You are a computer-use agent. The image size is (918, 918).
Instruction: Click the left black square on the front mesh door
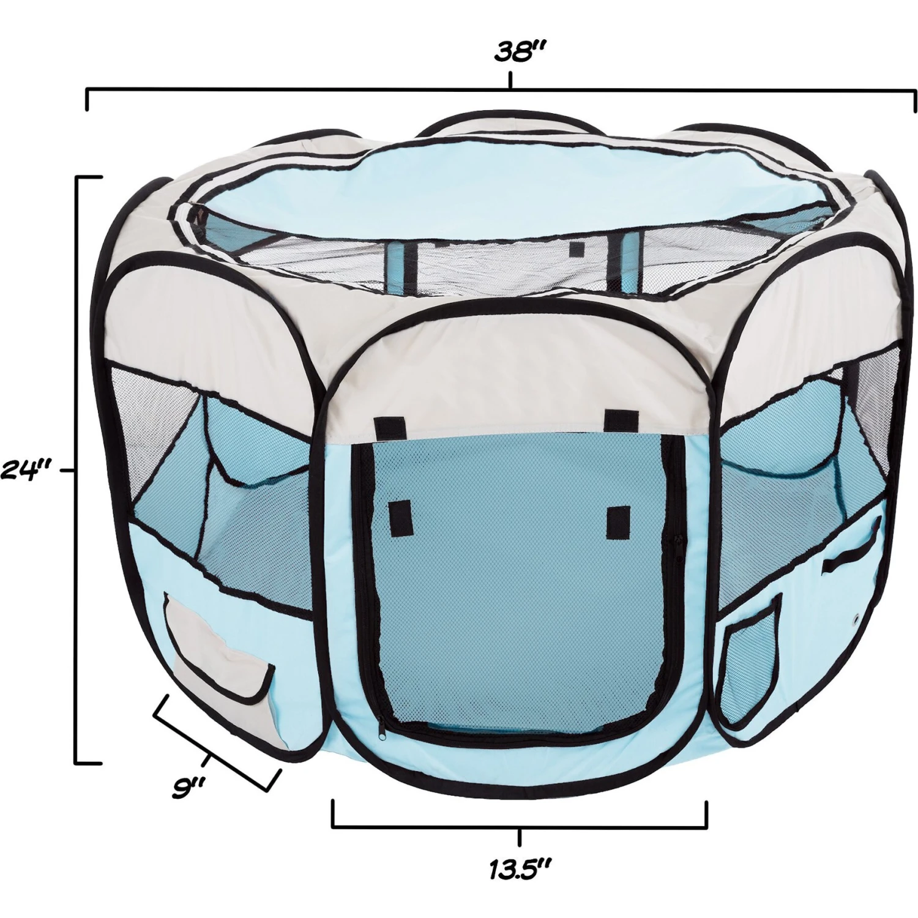click(x=400, y=515)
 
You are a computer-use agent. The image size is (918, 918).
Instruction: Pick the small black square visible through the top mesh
click(x=576, y=249)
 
